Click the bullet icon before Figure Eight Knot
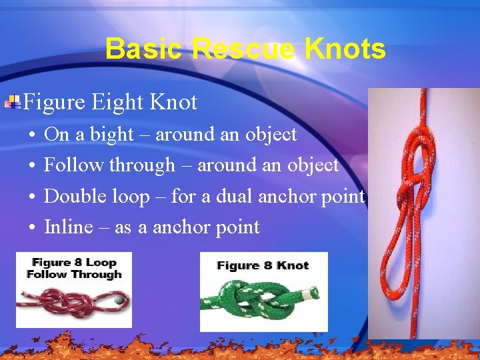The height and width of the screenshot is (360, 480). click(13, 102)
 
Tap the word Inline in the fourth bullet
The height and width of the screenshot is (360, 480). click(69, 227)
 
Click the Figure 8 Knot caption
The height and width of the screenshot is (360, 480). click(263, 265)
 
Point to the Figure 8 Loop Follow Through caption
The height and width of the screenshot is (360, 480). click(74, 268)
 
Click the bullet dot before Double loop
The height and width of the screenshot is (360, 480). click(33, 197)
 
